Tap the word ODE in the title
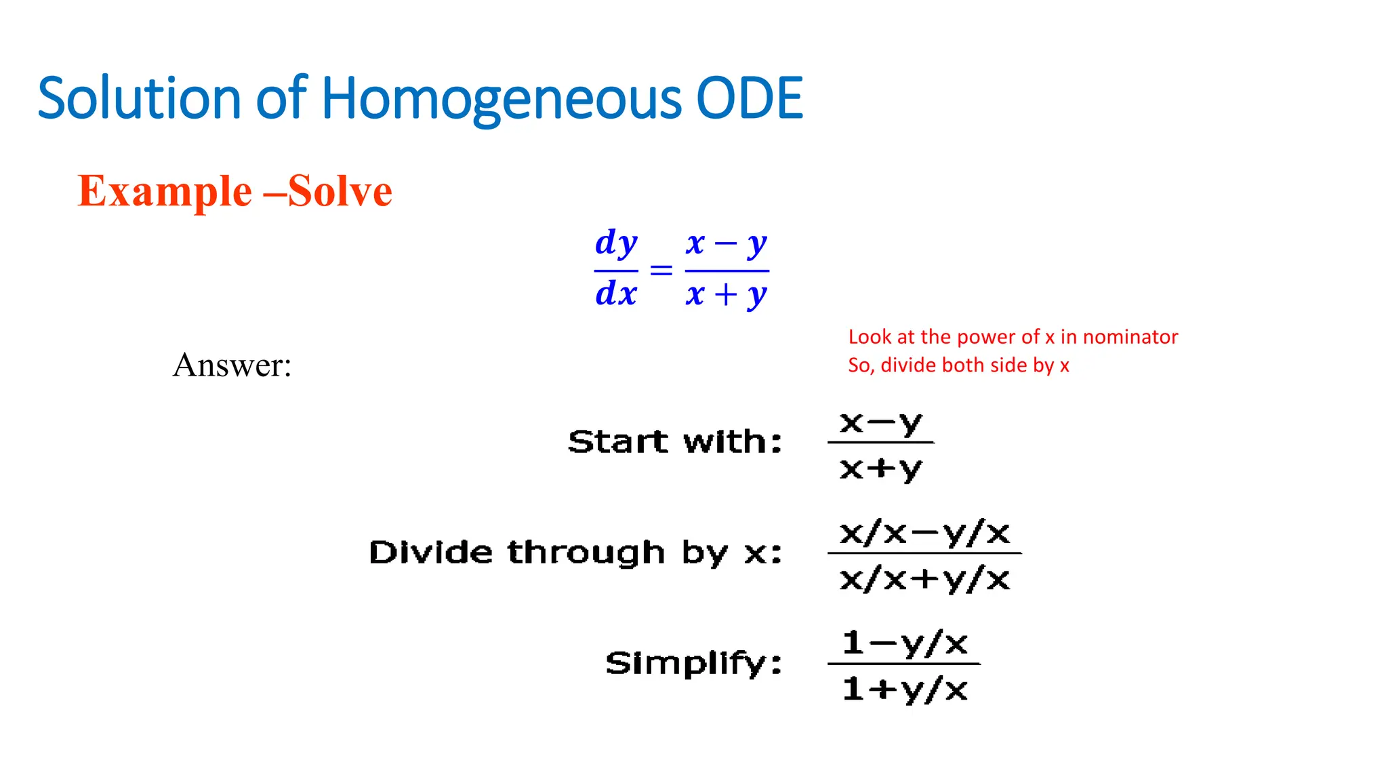[750, 98]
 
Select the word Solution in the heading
[140, 98]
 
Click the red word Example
[165, 191]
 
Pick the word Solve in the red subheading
[340, 191]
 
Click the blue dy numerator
[616, 243]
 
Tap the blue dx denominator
[616, 294]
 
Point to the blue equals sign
[661, 271]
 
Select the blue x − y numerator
[726, 243]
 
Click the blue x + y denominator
[726, 294]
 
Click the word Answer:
[232, 365]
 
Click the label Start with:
[675, 442]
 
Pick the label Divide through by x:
[575, 553]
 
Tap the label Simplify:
[693, 663]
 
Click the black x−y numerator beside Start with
[880, 422]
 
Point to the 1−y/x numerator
[905, 643]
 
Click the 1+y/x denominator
[905, 689]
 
